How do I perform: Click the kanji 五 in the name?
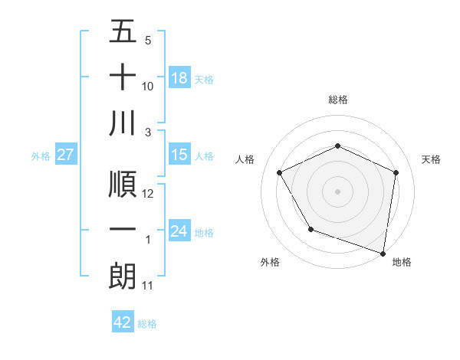[123, 33]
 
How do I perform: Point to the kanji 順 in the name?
[123, 185]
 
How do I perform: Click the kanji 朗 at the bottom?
[123, 277]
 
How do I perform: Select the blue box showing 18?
[179, 78]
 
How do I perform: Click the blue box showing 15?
[179, 155]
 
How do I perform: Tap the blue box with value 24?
[179, 231]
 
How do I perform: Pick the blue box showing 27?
[66, 155]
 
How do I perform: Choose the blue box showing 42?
[123, 322]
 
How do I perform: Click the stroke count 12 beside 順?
[149, 194]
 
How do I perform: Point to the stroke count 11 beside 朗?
[149, 286]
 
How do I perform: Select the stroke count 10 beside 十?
[149, 87]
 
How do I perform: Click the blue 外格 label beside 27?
[41, 155]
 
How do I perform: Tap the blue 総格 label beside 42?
[147, 324]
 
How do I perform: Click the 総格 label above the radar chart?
[337, 100]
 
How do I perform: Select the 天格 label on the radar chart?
[431, 159]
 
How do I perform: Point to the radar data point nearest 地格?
[383, 252]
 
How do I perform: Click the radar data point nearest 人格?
[280, 172]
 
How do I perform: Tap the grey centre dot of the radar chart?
[337, 191]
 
